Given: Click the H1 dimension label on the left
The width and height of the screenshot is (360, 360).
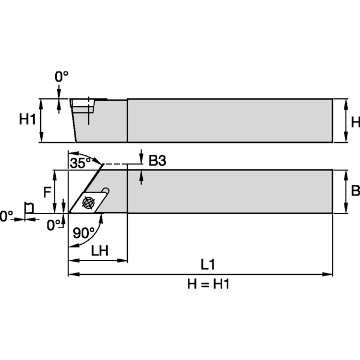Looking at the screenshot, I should (x=27, y=119).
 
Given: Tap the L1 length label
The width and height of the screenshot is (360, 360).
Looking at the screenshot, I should (x=208, y=264).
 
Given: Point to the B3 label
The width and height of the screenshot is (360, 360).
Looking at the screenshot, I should (x=157, y=160).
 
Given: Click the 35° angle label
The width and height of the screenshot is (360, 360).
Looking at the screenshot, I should (x=79, y=162).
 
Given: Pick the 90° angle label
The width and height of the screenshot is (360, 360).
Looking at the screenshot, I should (x=83, y=233).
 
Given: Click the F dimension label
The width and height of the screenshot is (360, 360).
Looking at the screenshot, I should (x=47, y=192).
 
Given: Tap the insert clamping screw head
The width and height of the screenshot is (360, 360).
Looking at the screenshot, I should (x=89, y=202).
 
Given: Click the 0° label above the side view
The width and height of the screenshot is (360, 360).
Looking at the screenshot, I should (x=62, y=77).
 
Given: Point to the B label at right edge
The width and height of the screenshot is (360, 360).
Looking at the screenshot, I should (x=355, y=191).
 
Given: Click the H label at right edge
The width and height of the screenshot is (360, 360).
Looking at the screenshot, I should (x=355, y=122).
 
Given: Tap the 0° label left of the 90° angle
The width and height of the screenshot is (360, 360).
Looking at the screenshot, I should (x=54, y=225).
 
